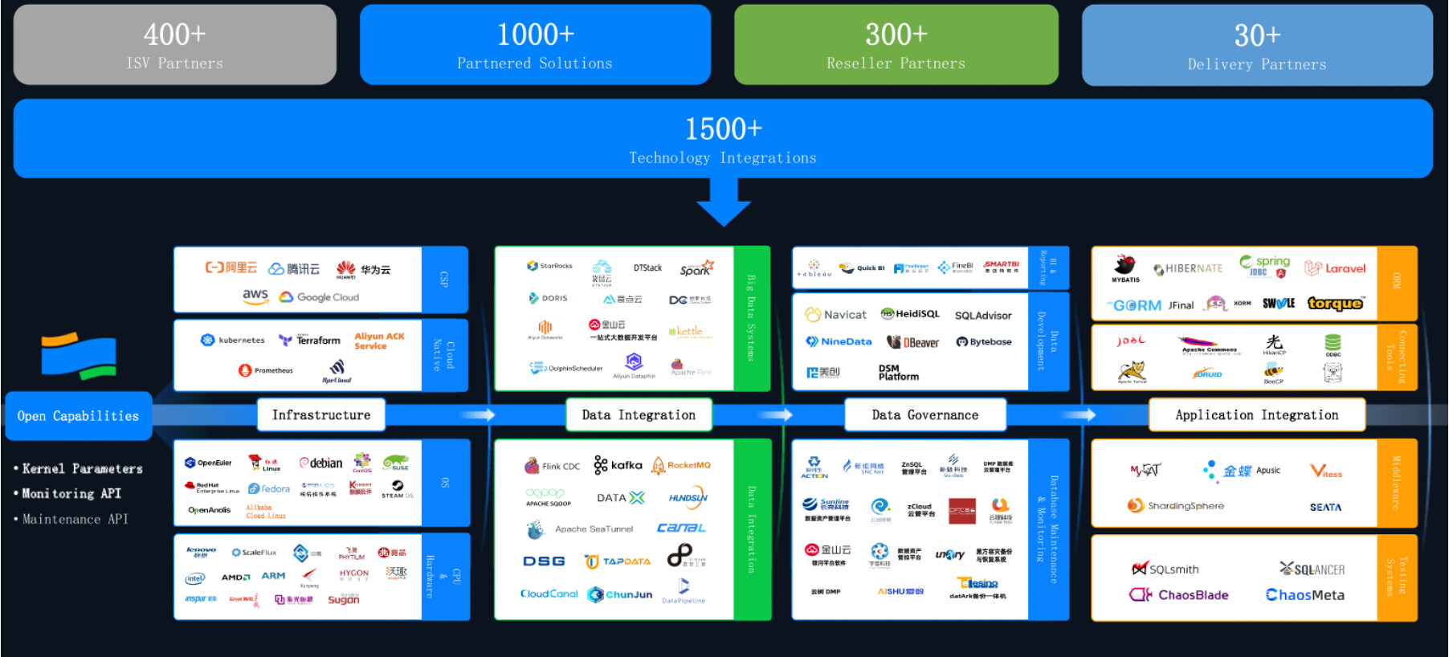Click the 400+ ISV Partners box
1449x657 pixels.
pyautogui.click(x=174, y=45)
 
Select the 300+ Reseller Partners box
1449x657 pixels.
pyautogui.click(x=896, y=45)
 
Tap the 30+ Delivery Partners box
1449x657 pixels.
pyautogui.click(x=1257, y=46)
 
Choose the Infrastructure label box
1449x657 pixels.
pyautogui.click(x=321, y=415)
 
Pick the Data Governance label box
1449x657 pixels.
pyautogui.click(x=925, y=415)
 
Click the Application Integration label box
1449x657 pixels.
pyautogui.click(x=1256, y=415)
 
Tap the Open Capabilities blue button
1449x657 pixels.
pyautogui.click(x=78, y=416)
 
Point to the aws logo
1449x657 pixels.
pyautogui.click(x=255, y=296)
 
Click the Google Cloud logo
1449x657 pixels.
pyautogui.click(x=320, y=297)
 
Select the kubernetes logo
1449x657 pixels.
pyautogui.click(x=233, y=340)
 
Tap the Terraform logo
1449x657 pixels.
pyautogui.click(x=310, y=341)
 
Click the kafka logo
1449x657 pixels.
pyautogui.click(x=618, y=465)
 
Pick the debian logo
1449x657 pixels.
pyautogui.click(x=321, y=463)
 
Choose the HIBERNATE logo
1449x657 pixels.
pyautogui.click(x=1188, y=269)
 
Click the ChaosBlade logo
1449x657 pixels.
pyautogui.click(x=1178, y=595)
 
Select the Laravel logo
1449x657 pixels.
pyautogui.click(x=1335, y=268)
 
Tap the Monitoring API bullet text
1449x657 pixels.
pyautogui.click(x=71, y=494)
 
